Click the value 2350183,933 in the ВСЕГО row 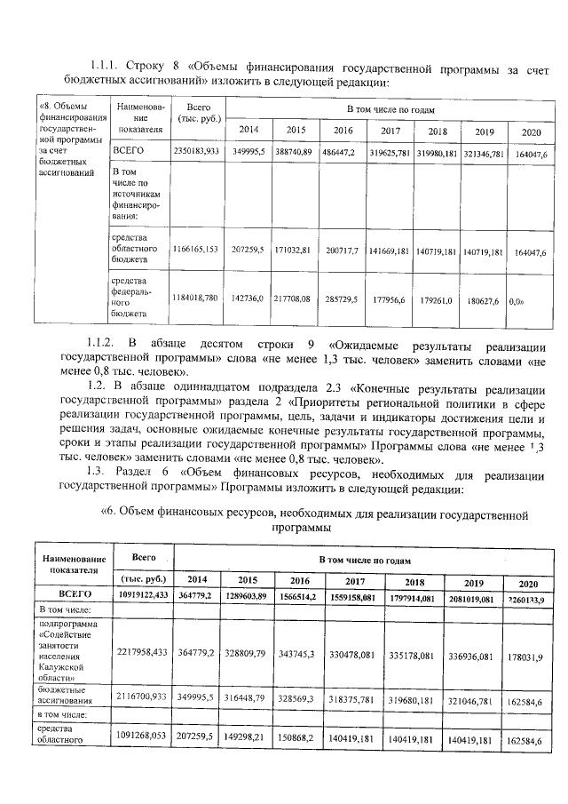[x=196, y=153]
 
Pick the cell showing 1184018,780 [x=196, y=300]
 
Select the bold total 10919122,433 [x=143, y=595]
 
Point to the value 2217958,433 [x=143, y=651]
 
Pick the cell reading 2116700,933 [x=143, y=699]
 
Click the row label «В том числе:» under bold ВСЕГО [x=67, y=610]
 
